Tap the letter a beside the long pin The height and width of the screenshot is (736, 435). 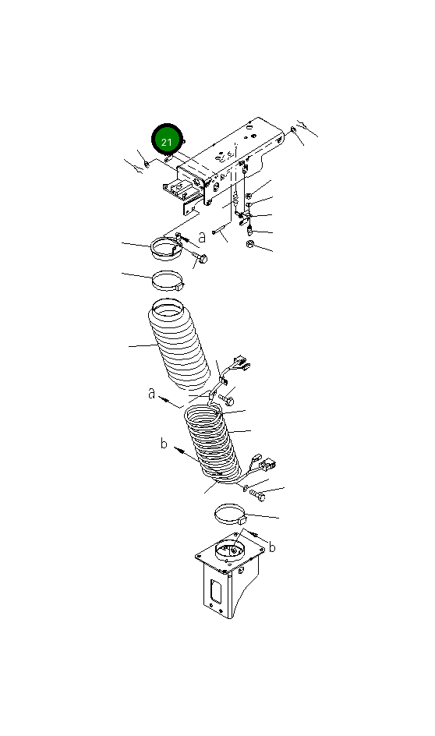[202, 236]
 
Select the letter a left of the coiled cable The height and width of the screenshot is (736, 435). [151, 393]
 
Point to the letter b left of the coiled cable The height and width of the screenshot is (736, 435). [163, 443]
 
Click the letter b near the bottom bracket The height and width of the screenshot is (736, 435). [272, 547]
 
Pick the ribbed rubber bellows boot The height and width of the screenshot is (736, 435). [179, 345]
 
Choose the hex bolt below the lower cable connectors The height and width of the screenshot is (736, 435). [257, 494]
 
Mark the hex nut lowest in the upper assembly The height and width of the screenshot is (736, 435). [250, 244]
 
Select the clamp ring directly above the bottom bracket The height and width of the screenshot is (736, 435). [231, 515]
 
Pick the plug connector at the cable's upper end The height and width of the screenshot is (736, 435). [239, 363]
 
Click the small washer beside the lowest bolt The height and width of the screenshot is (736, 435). [246, 489]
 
